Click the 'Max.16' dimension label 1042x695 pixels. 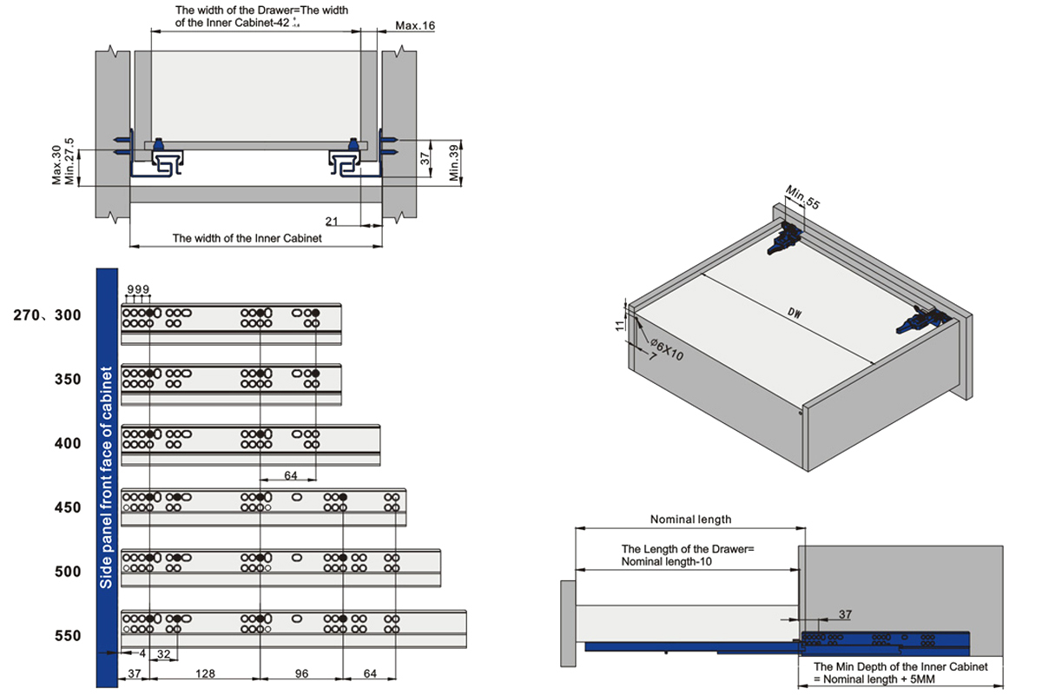tap(415, 25)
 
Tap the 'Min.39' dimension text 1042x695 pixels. tap(453, 161)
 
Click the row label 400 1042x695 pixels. tap(67, 444)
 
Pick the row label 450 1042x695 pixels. tap(67, 507)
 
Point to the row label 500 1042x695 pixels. tap(67, 572)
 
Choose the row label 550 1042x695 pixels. tap(67, 636)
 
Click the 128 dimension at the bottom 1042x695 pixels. tap(205, 673)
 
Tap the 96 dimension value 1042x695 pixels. tap(300, 673)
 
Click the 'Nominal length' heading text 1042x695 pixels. tap(690, 520)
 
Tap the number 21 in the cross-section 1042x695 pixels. tap(332, 221)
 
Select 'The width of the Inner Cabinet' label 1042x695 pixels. tap(247, 237)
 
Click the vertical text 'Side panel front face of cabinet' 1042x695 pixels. tap(107, 478)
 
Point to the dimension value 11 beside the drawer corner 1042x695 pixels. tap(619, 325)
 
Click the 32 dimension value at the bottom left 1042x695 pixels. tap(163, 653)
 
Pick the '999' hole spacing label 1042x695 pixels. tap(139, 289)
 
